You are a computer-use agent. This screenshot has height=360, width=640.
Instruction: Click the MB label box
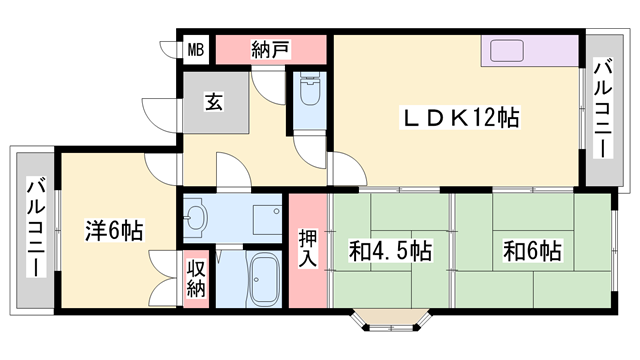pos(194,48)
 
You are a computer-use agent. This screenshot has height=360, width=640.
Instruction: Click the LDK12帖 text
pos(462,117)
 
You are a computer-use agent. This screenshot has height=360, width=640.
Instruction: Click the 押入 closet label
pos(308,249)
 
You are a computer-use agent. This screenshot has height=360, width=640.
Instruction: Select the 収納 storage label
pos(195,281)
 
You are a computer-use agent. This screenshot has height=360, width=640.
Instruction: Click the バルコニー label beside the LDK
pos(603,109)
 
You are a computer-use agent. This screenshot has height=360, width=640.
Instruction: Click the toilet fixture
pos(309,98)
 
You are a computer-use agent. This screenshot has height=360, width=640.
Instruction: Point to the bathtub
pos(263,281)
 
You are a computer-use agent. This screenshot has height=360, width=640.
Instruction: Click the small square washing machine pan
pos(266,218)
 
